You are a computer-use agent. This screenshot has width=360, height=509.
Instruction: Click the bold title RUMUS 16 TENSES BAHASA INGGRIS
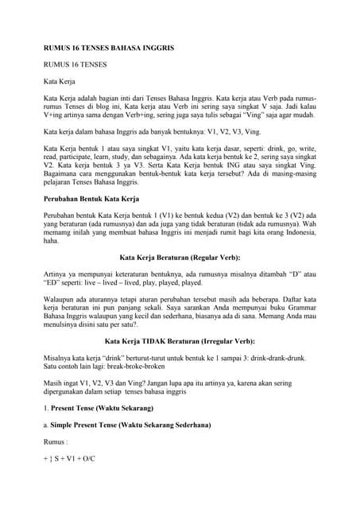coord(108,49)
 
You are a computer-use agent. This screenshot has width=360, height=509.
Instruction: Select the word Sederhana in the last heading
coord(186,427)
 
